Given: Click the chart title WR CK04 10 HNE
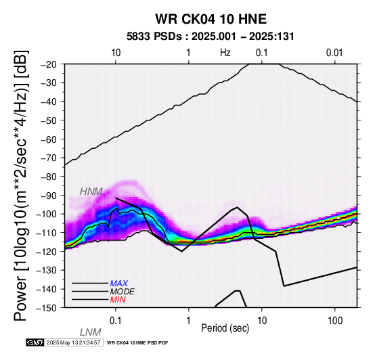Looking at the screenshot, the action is pyautogui.click(x=211, y=19).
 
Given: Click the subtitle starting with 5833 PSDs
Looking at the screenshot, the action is pyautogui.click(x=211, y=37).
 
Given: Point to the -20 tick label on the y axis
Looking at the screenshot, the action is pyautogui.click(x=49, y=64).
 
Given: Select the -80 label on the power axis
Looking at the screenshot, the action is pyautogui.click(x=49, y=177).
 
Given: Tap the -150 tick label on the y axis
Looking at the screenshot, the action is pyautogui.click(x=47, y=308).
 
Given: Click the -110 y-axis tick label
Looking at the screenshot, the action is pyautogui.click(x=47, y=233).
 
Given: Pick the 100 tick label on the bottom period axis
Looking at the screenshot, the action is pyautogui.click(x=335, y=321).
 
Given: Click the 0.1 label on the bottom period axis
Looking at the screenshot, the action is pyautogui.click(x=116, y=321).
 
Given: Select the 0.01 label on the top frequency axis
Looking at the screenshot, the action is pyautogui.click(x=334, y=53).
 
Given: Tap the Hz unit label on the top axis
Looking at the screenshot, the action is pyautogui.click(x=225, y=53).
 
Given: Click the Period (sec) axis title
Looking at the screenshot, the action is pyautogui.click(x=225, y=328).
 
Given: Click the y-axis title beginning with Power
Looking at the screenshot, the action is pyautogui.click(x=21, y=185).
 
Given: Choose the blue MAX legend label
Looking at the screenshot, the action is pyautogui.click(x=119, y=284).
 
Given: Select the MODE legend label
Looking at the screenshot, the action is pyautogui.click(x=123, y=292).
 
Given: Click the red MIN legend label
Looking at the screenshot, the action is pyautogui.click(x=118, y=300).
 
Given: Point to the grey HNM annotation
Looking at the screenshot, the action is pyautogui.click(x=91, y=192).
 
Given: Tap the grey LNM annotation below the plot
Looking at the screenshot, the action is pyautogui.click(x=91, y=332).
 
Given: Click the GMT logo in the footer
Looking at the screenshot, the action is pyautogui.click(x=35, y=342).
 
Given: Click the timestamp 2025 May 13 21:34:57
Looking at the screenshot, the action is pyautogui.click(x=73, y=342).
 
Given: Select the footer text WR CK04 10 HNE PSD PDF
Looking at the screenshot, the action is pyautogui.click(x=137, y=343).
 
